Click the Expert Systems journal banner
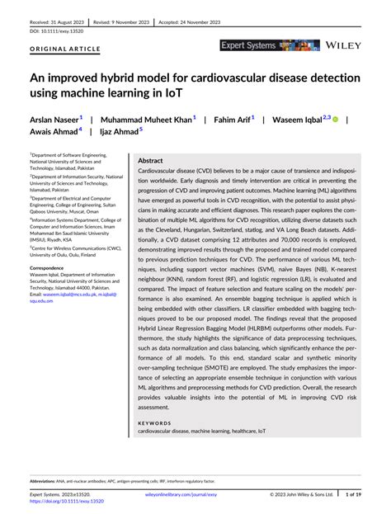point(270,45)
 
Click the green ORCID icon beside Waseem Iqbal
point(335,119)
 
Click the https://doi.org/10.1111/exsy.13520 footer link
point(68,502)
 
